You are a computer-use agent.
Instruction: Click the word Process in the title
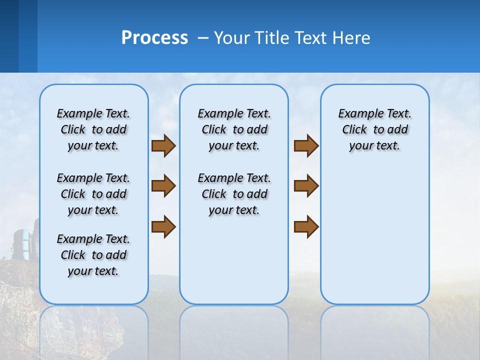coord(154,38)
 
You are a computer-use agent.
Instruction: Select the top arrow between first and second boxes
coord(163,145)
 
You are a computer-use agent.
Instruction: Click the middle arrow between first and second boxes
coord(163,186)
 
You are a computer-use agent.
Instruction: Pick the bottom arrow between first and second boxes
coord(163,226)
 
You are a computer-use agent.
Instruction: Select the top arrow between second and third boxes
coord(306,145)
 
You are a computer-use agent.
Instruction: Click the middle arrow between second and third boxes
coord(306,186)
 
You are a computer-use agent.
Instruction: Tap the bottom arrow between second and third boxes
coord(306,226)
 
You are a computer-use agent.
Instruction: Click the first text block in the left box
coord(93,129)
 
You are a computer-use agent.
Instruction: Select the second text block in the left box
coord(93,194)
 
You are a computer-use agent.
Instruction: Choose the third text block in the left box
coord(93,255)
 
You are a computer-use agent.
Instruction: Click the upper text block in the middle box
coord(234,129)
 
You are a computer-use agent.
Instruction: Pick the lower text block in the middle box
coord(234,194)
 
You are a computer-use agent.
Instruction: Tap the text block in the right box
coord(374,129)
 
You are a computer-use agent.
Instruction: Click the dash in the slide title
coord(203,38)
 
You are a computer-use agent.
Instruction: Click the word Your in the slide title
coord(231,38)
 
